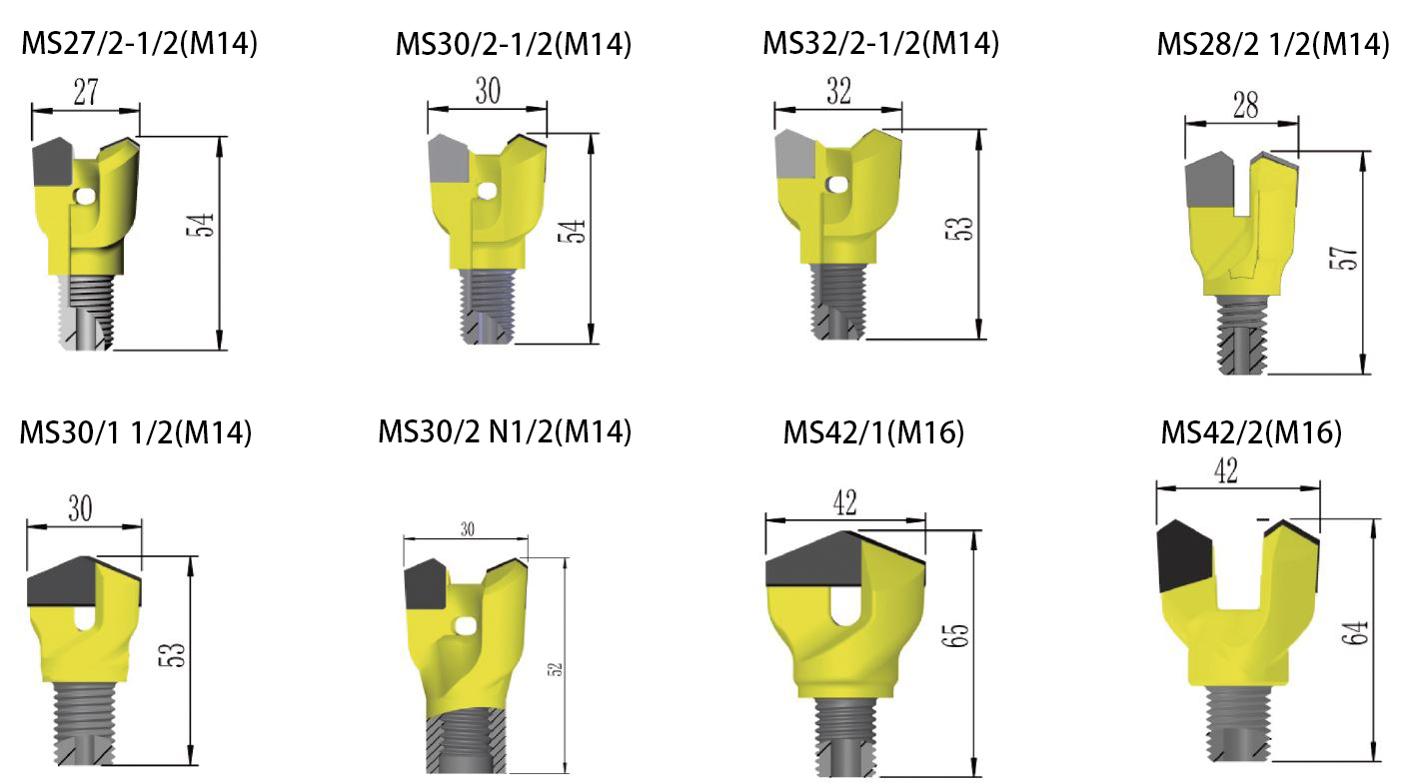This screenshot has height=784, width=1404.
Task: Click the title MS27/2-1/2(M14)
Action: (x=139, y=45)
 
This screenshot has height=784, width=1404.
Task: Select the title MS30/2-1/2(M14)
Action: (x=513, y=45)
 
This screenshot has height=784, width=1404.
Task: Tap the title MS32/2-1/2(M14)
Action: (x=880, y=44)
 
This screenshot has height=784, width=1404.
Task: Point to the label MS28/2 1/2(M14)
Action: (x=1272, y=45)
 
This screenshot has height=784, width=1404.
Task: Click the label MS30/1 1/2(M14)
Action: (x=135, y=432)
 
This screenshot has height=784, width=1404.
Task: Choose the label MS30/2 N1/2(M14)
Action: (x=505, y=432)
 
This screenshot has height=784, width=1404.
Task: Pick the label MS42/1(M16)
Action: (x=873, y=433)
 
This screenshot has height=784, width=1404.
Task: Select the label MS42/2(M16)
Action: (x=1250, y=433)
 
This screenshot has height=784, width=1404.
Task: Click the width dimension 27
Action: (x=85, y=92)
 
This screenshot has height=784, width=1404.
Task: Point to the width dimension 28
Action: (x=1244, y=107)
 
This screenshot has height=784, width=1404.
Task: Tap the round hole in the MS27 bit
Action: (x=87, y=197)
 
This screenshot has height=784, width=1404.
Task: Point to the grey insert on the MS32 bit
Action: (x=796, y=160)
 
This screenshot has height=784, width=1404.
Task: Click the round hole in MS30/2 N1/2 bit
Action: (x=463, y=626)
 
